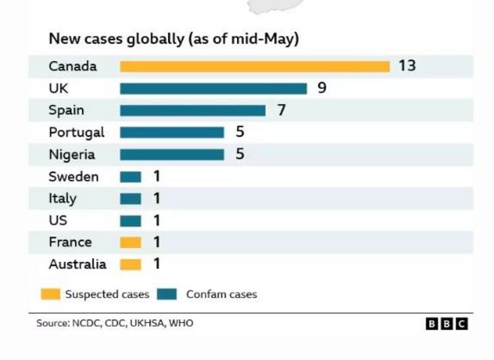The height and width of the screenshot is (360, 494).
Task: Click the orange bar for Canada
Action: [255, 66]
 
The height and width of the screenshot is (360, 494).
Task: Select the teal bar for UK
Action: [213, 88]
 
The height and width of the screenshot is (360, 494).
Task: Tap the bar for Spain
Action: [192, 110]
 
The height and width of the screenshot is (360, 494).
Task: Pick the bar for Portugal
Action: [171, 132]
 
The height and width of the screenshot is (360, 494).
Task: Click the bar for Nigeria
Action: [171, 155]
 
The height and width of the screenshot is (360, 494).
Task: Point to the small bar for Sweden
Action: [130, 177]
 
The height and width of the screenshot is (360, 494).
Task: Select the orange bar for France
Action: [130, 243]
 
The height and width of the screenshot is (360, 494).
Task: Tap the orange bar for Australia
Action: [130, 264]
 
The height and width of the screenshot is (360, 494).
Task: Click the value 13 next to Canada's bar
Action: [407, 66]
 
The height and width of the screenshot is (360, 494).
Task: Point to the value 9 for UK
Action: [322, 88]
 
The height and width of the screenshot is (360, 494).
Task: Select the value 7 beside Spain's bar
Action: [281, 110]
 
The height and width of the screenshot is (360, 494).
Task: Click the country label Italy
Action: [63, 199]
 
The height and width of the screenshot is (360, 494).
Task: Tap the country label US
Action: [58, 220]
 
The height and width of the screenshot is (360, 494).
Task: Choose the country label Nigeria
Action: [72, 155]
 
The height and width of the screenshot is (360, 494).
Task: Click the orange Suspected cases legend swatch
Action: [51, 294]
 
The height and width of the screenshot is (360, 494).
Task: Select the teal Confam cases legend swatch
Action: [167, 294]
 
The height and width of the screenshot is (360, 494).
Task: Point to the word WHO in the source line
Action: [181, 323]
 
